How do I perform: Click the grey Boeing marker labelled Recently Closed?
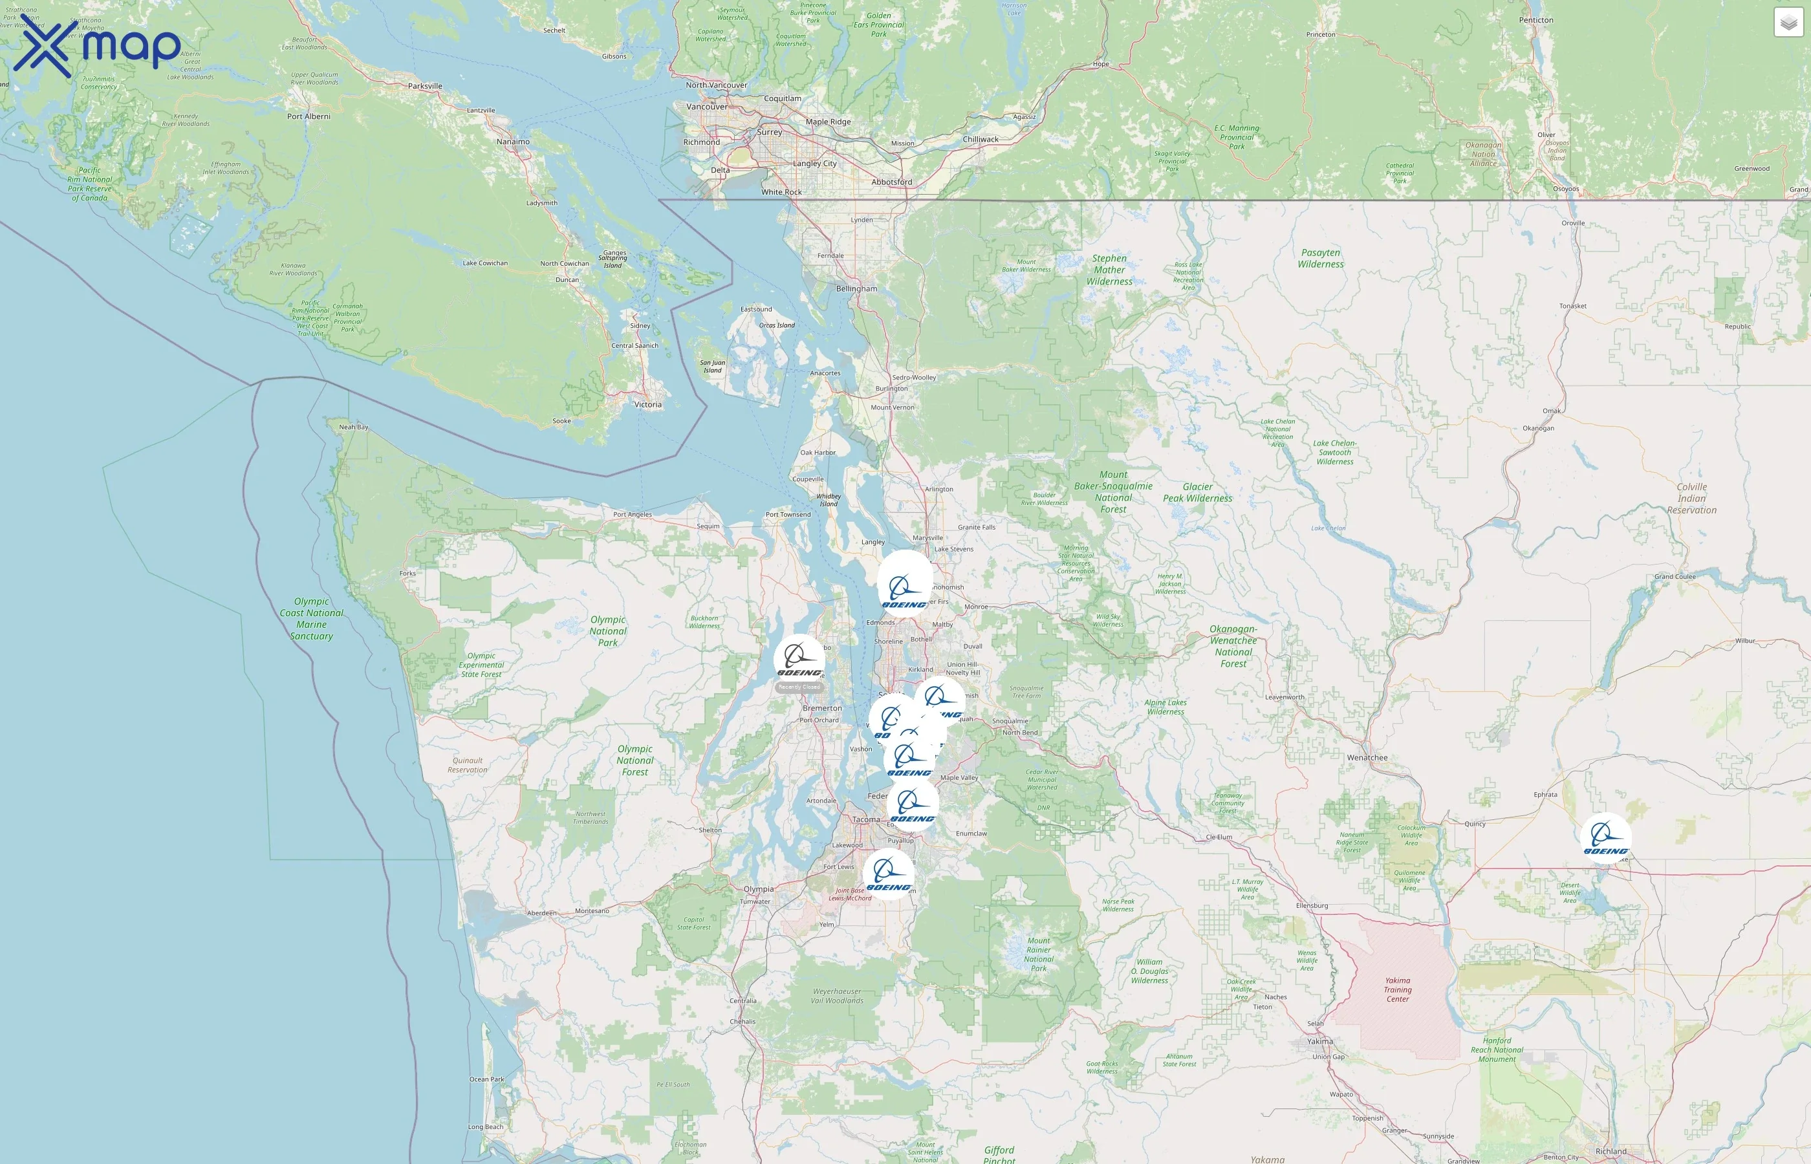tap(799, 660)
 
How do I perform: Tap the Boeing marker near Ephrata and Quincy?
tap(1605, 838)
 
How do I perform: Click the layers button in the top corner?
tap(1788, 23)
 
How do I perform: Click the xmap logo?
tap(98, 46)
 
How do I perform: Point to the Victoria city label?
tap(648, 404)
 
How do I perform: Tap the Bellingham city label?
tap(856, 288)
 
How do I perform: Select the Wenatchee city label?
tap(1367, 757)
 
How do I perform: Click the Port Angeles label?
tap(632, 515)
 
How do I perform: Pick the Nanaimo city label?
tap(513, 142)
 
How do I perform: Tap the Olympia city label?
tap(758, 889)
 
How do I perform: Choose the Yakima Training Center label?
tap(1398, 989)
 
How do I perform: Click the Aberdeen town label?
tap(541, 913)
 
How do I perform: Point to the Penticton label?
tap(1536, 19)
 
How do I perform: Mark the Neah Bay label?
tap(353, 427)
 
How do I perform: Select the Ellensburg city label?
tap(1312, 905)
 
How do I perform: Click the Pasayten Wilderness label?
tap(1321, 259)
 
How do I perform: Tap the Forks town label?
tap(407, 573)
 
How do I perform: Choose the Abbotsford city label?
tap(892, 182)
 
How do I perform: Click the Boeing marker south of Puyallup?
tap(888, 874)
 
